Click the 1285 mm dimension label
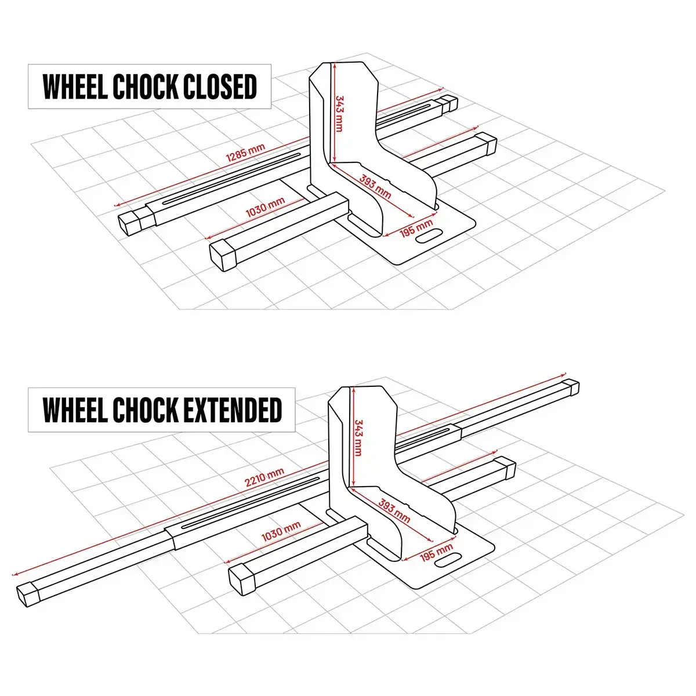click(x=245, y=151)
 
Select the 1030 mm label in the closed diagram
click(x=265, y=207)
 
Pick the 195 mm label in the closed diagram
click(x=416, y=228)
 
